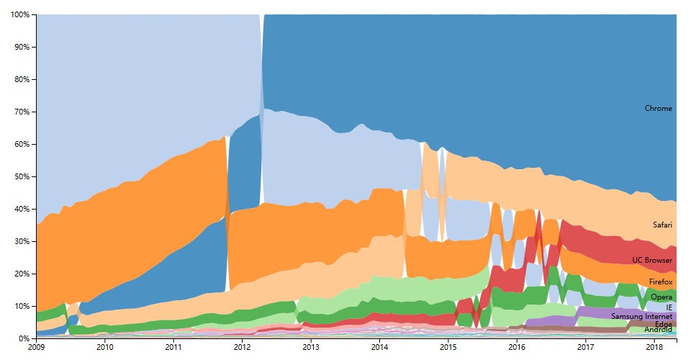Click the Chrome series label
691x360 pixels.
(x=658, y=109)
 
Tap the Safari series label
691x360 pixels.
(x=662, y=225)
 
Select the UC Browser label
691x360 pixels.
(x=652, y=260)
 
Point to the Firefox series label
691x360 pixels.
(x=660, y=282)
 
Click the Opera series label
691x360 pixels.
(x=661, y=297)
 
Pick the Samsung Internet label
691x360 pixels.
(x=641, y=316)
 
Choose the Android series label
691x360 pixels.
(x=658, y=330)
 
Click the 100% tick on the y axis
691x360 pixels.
(x=21, y=15)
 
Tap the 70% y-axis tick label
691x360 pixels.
(x=22, y=112)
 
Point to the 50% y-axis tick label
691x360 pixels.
(x=22, y=177)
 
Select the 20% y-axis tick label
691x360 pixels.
(x=22, y=274)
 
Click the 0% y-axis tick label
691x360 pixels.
(x=24, y=339)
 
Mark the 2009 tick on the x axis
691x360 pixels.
(x=36, y=348)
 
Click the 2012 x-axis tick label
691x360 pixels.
(x=242, y=348)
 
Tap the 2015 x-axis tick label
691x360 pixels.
(x=448, y=348)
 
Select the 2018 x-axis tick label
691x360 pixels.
(x=654, y=348)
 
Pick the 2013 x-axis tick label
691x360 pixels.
(x=310, y=348)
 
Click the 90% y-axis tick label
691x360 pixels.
(x=22, y=48)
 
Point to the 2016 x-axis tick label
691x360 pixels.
(x=516, y=348)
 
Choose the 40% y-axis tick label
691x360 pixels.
(x=22, y=210)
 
